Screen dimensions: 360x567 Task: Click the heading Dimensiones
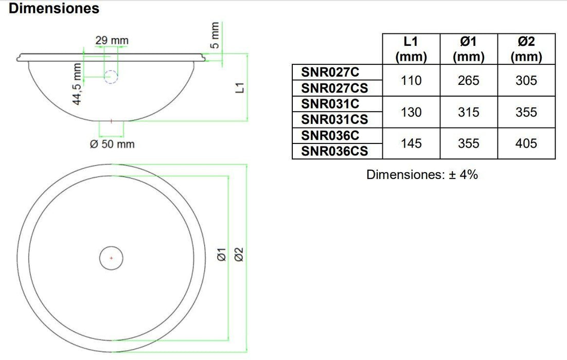click(x=54, y=9)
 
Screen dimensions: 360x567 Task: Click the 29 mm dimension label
click(x=112, y=40)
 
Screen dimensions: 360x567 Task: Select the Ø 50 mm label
click(x=112, y=144)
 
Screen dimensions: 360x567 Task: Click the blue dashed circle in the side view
click(x=112, y=77)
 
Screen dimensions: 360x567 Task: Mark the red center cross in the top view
click(x=112, y=257)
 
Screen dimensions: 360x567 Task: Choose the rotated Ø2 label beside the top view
click(x=238, y=254)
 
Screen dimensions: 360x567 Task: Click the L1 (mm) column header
click(x=411, y=49)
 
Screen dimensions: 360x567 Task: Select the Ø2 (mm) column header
click(x=526, y=49)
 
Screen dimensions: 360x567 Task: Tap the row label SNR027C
click(x=330, y=72)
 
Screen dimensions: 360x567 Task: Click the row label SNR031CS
click(x=334, y=119)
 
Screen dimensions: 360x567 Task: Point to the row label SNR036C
click(x=330, y=135)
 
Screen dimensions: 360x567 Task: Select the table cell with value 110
click(x=411, y=80)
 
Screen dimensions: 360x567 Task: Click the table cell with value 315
click(x=468, y=112)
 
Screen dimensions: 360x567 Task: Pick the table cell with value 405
click(x=526, y=143)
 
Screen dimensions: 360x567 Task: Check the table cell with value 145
click(x=411, y=143)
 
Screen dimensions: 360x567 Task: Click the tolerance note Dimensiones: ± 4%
click(x=422, y=174)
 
